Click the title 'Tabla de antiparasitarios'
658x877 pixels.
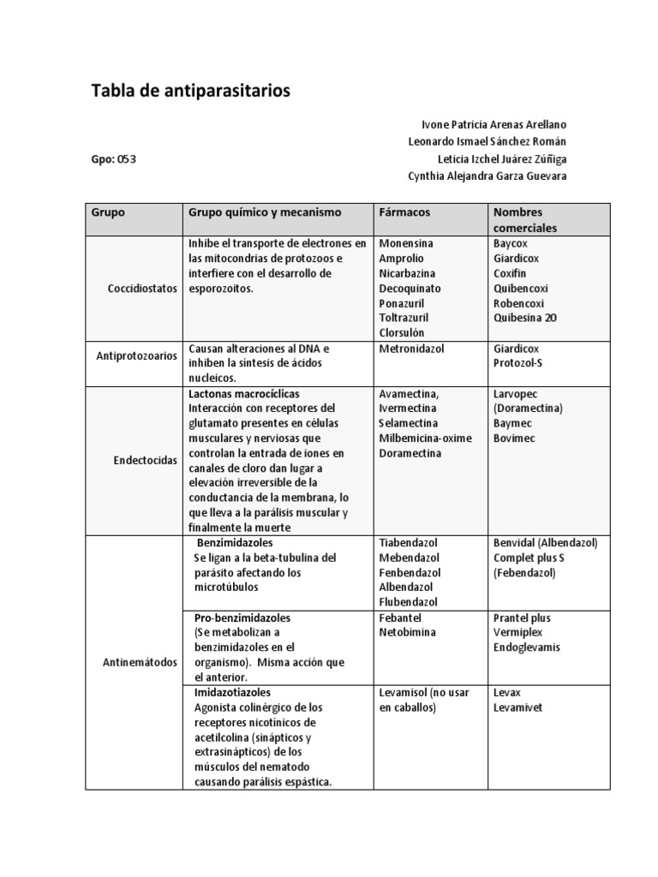point(190,90)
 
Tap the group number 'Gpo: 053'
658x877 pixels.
point(114,159)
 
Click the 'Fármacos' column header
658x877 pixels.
point(404,212)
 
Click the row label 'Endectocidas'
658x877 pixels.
point(145,460)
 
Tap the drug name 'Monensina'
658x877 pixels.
point(405,243)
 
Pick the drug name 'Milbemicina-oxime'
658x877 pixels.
point(425,438)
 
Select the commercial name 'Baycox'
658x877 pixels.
point(511,243)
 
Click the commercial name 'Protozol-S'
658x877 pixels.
point(519,363)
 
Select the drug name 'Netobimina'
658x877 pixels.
point(408,632)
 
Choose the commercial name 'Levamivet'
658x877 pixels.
point(517,707)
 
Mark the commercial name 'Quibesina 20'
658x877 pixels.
point(524,318)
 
